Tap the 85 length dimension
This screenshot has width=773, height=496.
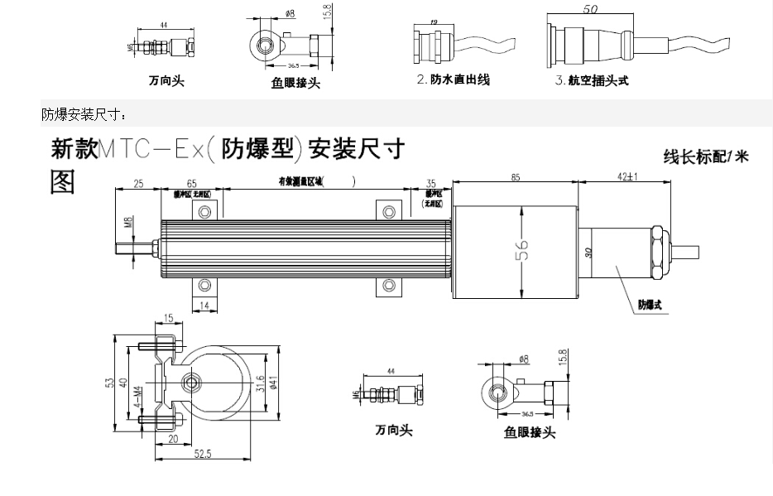(x=515, y=176)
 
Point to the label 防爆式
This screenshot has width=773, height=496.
(x=650, y=305)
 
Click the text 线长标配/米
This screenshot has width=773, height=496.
(x=705, y=156)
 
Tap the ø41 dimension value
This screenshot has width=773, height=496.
(x=272, y=382)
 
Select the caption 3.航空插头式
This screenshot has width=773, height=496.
(x=592, y=81)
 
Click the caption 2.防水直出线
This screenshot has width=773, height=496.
(x=453, y=80)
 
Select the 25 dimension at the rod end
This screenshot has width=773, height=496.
(x=138, y=183)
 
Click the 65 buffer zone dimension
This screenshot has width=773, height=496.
(x=191, y=183)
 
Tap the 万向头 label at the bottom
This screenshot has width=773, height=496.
(x=393, y=431)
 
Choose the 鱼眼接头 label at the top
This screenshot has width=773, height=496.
(x=295, y=83)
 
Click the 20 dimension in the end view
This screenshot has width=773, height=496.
(x=173, y=439)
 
